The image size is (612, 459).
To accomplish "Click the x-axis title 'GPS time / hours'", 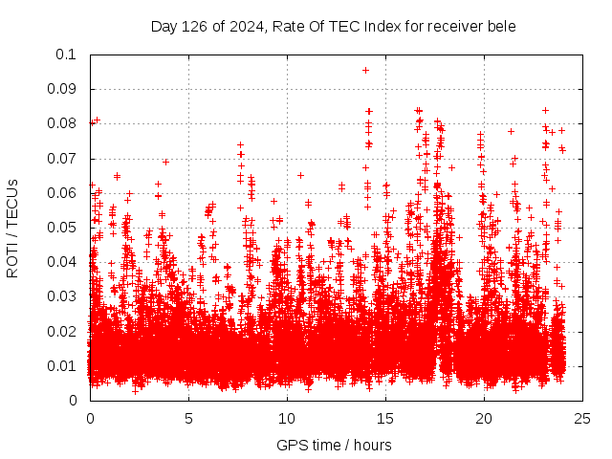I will pos(334,445).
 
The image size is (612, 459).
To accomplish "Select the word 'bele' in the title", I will pos(502,26).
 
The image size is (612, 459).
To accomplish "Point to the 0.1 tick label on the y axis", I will pos(66,55).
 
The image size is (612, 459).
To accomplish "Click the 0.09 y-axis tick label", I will pos(62,89).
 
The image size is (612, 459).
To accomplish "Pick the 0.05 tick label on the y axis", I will pos(62,228).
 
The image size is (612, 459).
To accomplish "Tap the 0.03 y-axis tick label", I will pos(62,296).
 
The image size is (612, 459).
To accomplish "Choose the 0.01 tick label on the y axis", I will pos(62,365).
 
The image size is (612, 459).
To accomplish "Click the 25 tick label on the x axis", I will pos(582,418).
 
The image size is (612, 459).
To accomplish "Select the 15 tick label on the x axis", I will pos(385,418).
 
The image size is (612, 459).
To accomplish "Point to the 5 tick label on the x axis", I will pos(188,418).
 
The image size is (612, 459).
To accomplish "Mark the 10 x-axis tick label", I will pos(287,418).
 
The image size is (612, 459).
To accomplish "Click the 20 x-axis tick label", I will pos(484,418).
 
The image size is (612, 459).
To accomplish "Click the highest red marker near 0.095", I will pos(365,70).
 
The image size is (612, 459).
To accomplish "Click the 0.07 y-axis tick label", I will pos(62,158).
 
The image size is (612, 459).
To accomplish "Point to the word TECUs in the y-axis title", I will pos(12,202).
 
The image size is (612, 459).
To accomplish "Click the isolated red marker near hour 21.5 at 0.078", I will pos(511,131).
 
